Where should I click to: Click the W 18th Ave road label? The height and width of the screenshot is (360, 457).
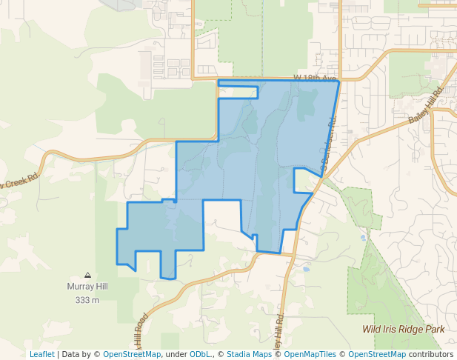[x=315, y=77]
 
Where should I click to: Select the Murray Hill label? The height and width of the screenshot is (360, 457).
[x=87, y=287]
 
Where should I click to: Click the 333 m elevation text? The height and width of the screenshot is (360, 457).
[x=87, y=300]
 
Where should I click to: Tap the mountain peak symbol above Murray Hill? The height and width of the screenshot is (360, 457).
[x=87, y=275]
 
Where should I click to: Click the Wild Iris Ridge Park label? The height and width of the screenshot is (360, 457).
[x=404, y=329]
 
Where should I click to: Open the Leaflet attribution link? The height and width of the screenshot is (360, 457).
[x=41, y=355]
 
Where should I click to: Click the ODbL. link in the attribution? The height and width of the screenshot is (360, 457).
[x=199, y=355]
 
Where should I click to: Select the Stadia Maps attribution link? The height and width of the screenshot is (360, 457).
[x=249, y=355]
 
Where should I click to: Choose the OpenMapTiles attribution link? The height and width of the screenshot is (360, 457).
[x=310, y=355]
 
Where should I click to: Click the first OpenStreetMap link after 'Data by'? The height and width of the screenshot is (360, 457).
[x=132, y=355]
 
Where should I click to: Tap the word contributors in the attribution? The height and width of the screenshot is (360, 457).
[x=431, y=355]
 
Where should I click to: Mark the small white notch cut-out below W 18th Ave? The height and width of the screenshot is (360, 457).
[x=238, y=92]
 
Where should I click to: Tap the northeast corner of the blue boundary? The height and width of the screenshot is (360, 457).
[x=339, y=81]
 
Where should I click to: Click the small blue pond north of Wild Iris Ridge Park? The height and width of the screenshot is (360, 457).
[x=362, y=238]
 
